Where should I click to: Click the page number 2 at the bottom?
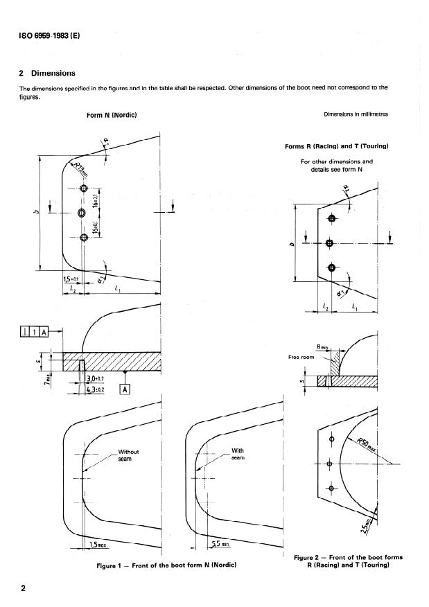(23, 589)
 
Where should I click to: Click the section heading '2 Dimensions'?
(47, 73)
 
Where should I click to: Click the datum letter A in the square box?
(125, 389)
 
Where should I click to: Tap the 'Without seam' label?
(129, 455)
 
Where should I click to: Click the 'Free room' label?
(301, 358)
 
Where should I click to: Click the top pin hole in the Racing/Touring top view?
(331, 219)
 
